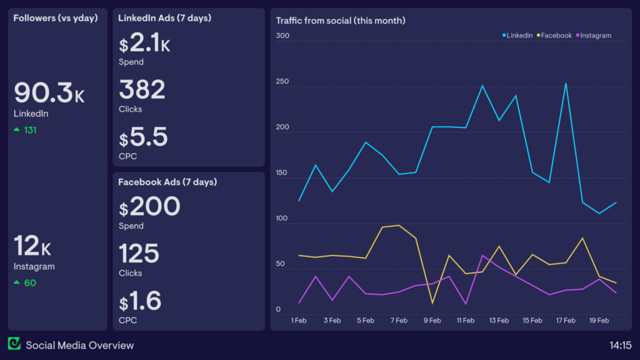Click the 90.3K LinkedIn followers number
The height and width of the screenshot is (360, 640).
click(x=49, y=92)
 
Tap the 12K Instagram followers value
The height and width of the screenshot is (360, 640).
click(x=32, y=246)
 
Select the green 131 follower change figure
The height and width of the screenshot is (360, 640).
click(x=31, y=130)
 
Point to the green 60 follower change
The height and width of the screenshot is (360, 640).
click(x=30, y=282)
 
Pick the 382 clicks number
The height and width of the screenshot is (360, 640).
click(x=142, y=90)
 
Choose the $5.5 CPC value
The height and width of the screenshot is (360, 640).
click(x=143, y=137)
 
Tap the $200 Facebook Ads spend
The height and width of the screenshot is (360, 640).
click(x=149, y=207)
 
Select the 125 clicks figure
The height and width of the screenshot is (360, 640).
click(x=139, y=254)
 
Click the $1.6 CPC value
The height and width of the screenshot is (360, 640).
click(x=140, y=301)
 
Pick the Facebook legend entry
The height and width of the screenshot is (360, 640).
click(x=554, y=36)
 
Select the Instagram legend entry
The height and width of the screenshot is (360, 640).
click(x=594, y=36)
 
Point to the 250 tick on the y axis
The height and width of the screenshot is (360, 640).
click(x=282, y=81)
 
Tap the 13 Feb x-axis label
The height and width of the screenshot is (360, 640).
click(x=499, y=321)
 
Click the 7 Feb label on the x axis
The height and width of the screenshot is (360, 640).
click(x=399, y=321)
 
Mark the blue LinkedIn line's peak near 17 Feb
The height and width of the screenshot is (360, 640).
click(x=566, y=84)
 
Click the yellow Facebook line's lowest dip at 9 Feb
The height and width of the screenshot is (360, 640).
click(x=432, y=303)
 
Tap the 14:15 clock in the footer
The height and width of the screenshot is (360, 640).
click(x=620, y=345)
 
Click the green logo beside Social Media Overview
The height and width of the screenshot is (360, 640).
click(x=14, y=344)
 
